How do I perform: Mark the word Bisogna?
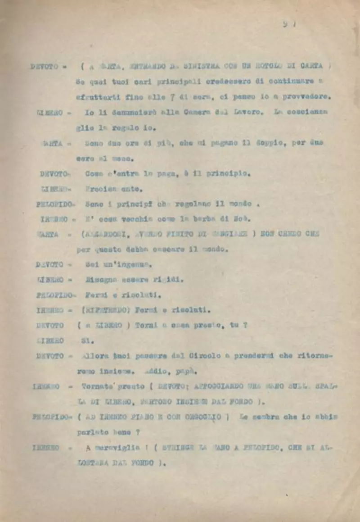102,280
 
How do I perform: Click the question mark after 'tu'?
246,325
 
